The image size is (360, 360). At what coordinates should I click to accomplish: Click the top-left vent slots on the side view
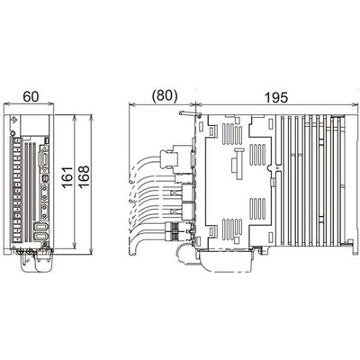[217, 132]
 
